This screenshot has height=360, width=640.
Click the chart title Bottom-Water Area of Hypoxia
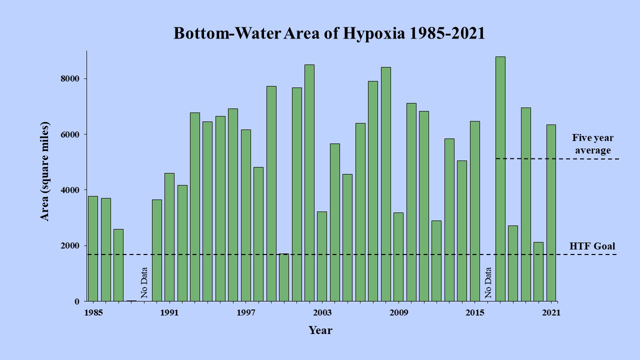(x=329, y=33)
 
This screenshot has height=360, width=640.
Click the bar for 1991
(x=169, y=237)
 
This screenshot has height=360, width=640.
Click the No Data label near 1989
(x=144, y=282)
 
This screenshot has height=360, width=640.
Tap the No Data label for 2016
(x=488, y=282)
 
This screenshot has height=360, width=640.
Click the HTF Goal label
(x=592, y=246)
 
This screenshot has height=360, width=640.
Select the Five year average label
(x=592, y=144)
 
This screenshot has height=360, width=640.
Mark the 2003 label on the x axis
(x=322, y=313)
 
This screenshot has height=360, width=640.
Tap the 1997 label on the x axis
(x=246, y=313)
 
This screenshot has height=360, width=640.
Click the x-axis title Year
(x=320, y=330)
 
